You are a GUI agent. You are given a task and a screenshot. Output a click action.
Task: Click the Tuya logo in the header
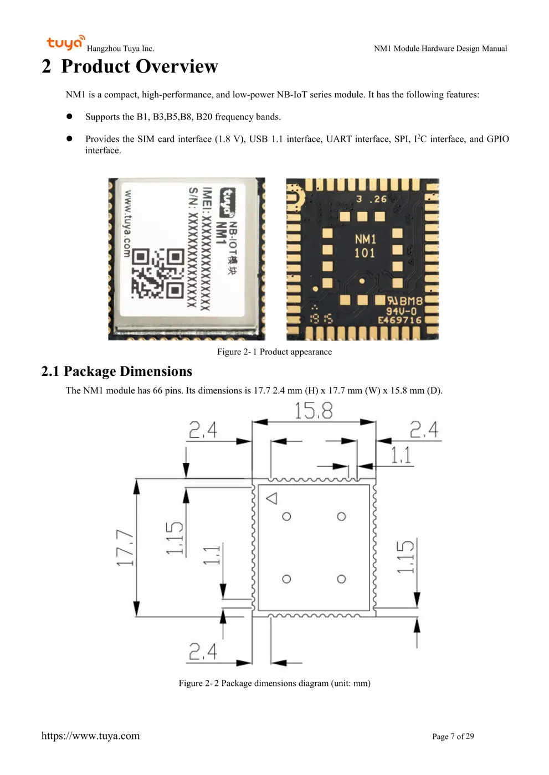[65, 43]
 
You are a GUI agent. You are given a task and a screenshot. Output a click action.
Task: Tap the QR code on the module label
[158, 273]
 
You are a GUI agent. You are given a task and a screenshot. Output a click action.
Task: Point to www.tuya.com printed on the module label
[127, 224]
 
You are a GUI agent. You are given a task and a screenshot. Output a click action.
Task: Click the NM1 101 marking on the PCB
[365, 246]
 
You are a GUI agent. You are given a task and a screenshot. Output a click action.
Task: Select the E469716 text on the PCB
[399, 320]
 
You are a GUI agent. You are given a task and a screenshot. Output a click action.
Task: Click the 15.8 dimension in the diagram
[314, 411]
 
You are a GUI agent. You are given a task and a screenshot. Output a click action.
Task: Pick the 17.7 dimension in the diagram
[125, 548]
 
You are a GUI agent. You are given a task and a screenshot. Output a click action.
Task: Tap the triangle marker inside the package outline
[271, 498]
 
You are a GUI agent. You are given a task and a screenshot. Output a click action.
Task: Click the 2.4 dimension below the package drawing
[203, 652]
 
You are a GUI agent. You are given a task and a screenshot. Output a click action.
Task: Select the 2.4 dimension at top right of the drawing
[424, 430]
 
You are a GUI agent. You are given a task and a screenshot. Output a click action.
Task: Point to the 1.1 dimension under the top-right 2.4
[401, 456]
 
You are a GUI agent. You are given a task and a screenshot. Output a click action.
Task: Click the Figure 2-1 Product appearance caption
[274, 352]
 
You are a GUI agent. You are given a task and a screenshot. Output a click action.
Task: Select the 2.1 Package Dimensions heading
[116, 371]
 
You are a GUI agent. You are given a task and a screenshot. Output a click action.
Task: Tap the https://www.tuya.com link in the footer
[90, 736]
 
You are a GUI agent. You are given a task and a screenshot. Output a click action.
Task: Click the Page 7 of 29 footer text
[453, 736]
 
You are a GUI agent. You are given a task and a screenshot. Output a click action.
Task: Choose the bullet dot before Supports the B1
[69, 117]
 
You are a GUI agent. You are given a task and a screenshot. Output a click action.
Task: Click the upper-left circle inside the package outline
[286, 516]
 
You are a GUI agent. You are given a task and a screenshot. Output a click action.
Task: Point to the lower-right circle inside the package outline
[341, 579]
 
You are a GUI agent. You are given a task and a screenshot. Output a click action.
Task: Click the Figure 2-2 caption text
[274, 683]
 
